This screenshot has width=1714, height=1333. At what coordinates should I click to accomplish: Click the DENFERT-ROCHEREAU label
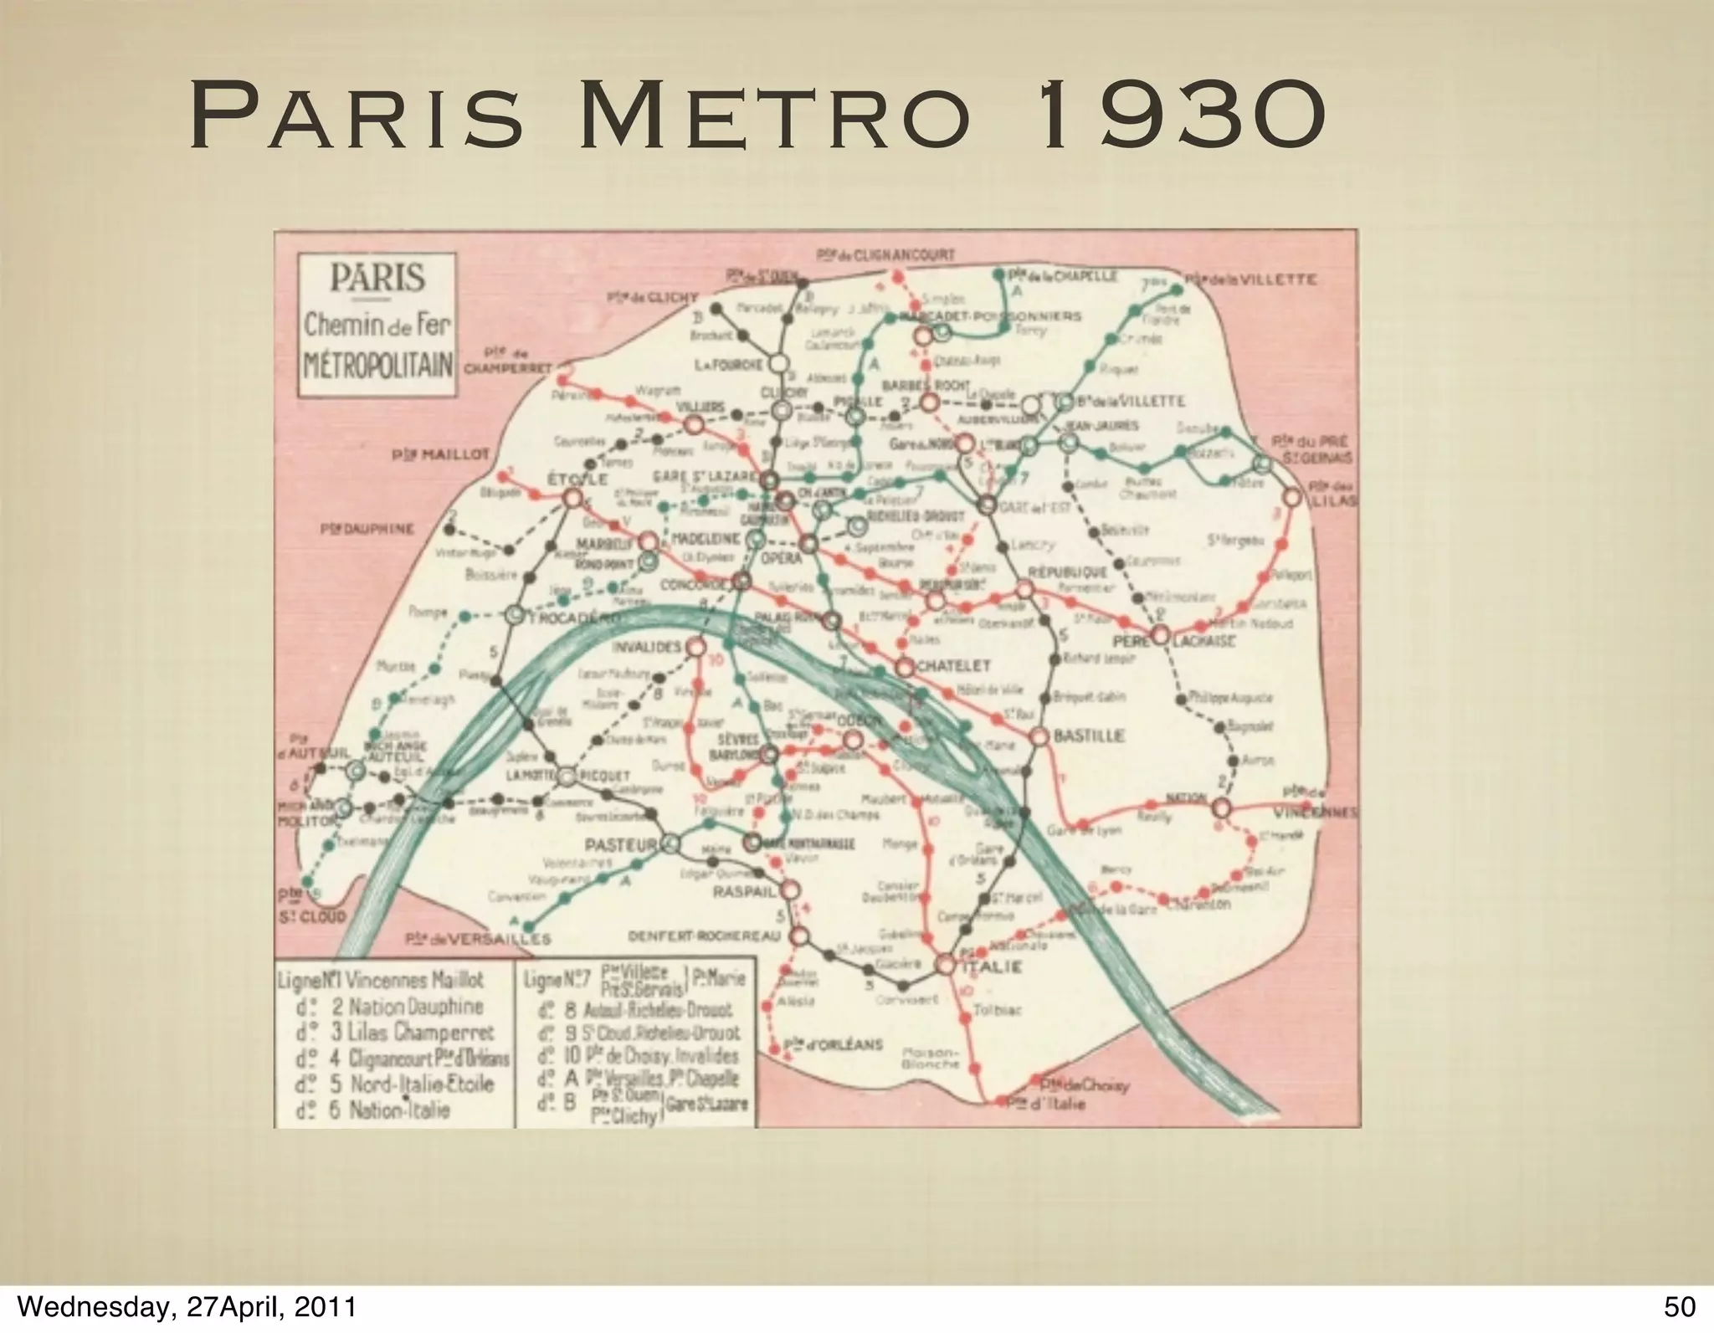[x=702, y=935]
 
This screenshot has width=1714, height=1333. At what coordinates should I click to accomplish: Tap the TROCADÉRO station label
[x=575, y=618]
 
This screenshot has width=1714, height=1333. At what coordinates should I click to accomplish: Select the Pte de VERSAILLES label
[x=477, y=940]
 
